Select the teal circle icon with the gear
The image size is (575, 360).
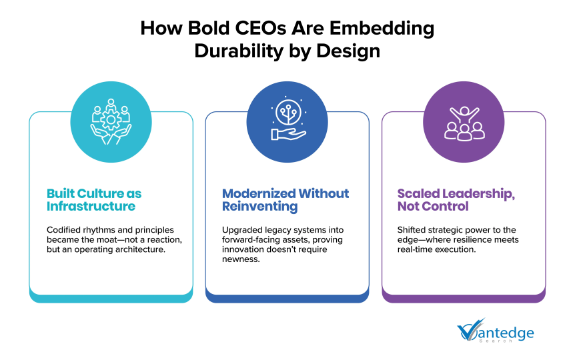(111, 122)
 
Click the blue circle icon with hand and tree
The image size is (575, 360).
(287, 122)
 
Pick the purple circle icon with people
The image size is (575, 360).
(464, 122)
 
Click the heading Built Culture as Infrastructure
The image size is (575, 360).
(94, 200)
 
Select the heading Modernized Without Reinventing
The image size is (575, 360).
(285, 200)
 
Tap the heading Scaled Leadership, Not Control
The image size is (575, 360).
(456, 200)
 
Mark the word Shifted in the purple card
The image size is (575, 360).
(410, 230)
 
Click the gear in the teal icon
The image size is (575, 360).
(111, 120)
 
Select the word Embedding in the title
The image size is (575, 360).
(382, 29)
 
